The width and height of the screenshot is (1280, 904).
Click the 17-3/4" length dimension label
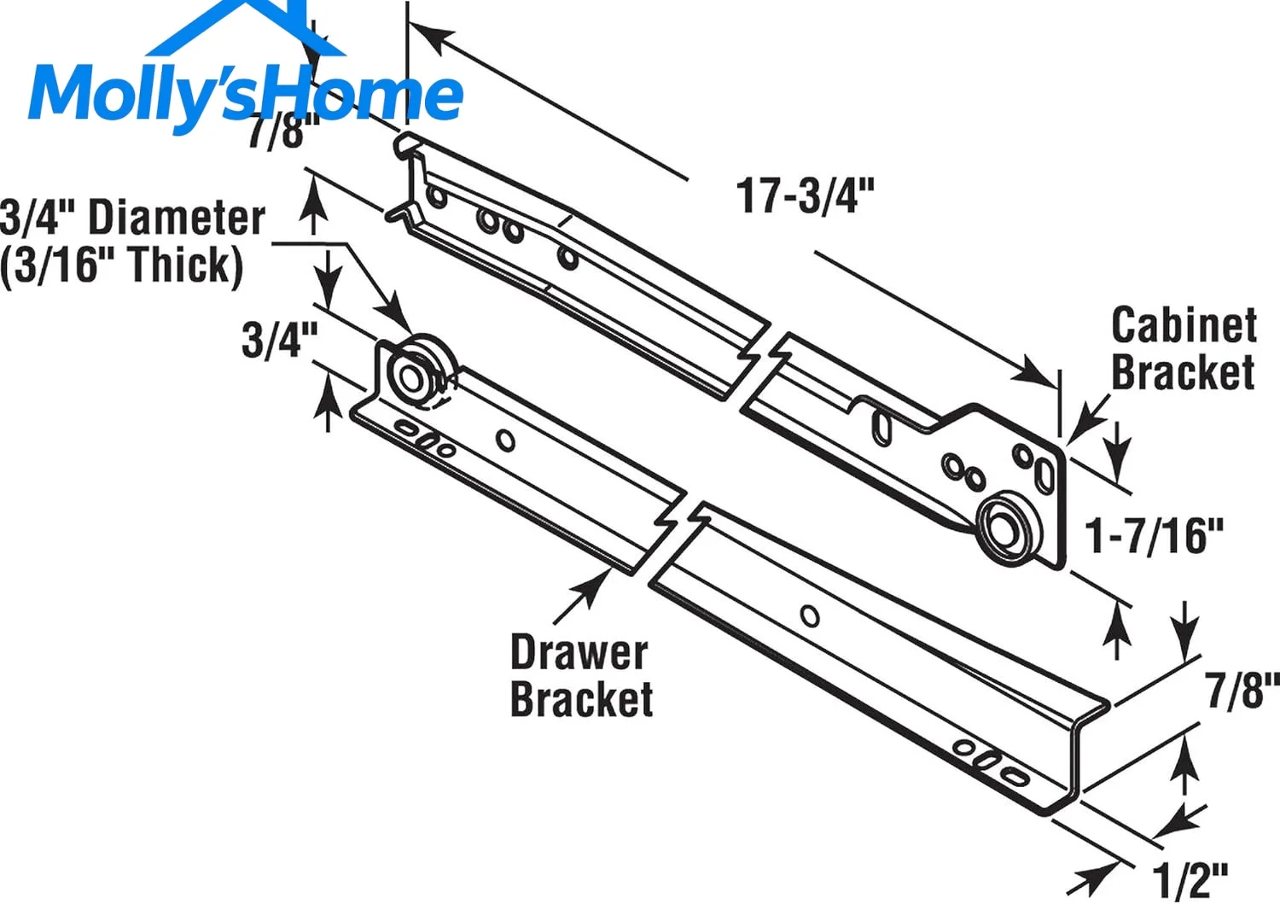coord(806,195)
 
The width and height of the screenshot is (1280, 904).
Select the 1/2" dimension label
coord(1190,880)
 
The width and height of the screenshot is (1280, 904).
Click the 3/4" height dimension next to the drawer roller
coord(279,340)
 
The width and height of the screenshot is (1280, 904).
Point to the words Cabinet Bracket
coord(1184,348)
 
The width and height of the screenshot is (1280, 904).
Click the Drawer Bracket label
coord(581,675)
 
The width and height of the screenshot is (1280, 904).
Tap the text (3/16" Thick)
coord(122,265)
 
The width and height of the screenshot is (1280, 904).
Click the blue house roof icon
coord(246,28)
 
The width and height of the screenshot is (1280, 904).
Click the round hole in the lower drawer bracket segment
coord(810,616)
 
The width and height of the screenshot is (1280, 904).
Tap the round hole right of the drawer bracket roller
coord(505,440)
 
